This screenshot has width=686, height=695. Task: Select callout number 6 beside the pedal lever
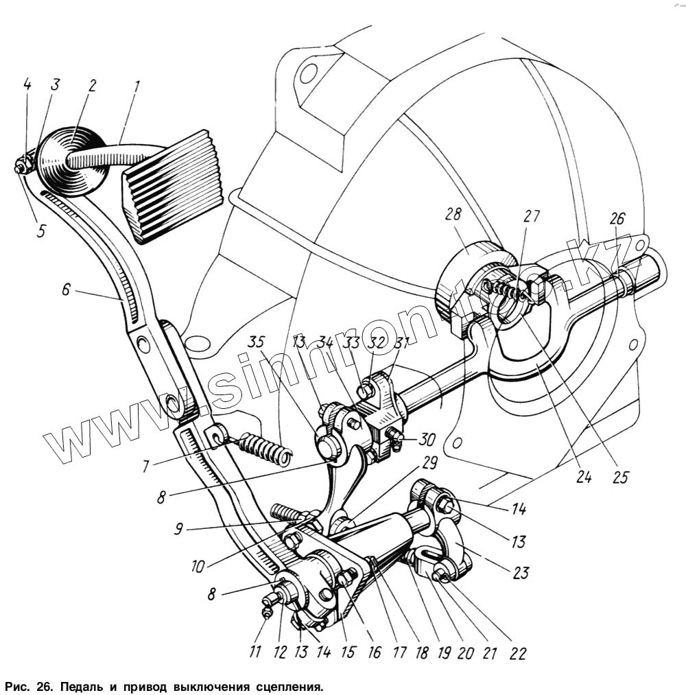click(65, 290)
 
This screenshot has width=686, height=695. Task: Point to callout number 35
click(257, 340)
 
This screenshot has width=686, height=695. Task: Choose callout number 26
click(617, 220)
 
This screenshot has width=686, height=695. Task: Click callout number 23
click(521, 573)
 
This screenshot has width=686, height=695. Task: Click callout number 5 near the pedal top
click(41, 231)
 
